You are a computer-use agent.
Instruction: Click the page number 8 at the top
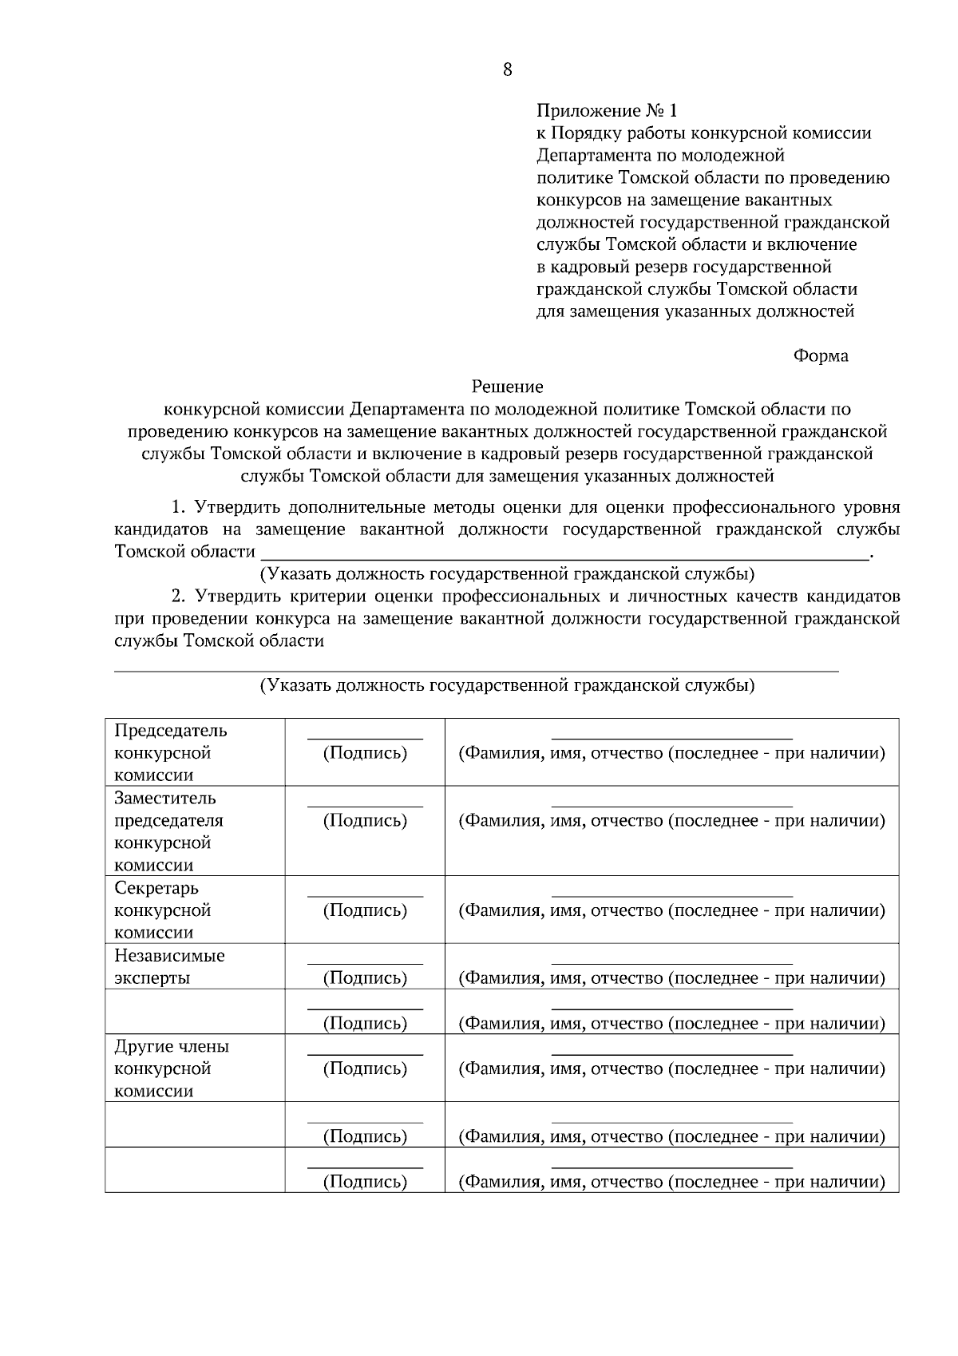coord(507,69)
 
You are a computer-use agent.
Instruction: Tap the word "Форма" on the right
coord(821,356)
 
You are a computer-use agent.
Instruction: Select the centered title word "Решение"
coord(507,387)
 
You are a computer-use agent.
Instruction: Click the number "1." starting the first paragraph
coord(178,507)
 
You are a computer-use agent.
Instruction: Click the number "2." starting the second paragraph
coord(178,597)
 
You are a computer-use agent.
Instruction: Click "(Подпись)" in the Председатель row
coord(365,753)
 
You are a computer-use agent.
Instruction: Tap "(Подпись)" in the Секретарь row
coord(365,910)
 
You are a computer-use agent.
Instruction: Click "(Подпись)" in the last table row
coord(365,1182)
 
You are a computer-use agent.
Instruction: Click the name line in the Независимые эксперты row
coord(671,964)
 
